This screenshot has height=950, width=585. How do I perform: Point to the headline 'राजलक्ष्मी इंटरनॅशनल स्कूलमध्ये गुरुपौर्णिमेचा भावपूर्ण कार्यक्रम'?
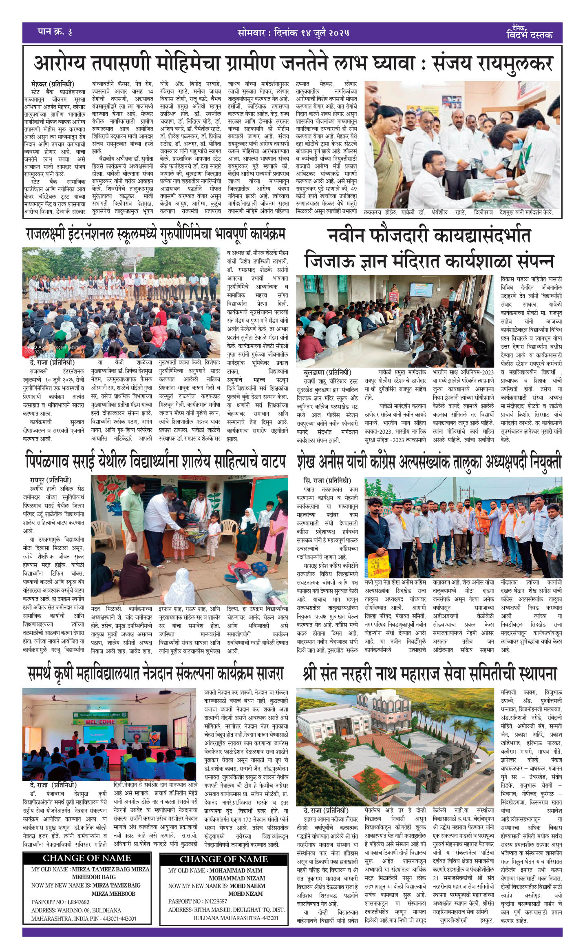click(155, 234)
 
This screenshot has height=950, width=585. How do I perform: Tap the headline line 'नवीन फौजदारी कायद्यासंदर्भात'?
click(429, 236)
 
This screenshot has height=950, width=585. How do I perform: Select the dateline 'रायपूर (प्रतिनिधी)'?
click(51, 480)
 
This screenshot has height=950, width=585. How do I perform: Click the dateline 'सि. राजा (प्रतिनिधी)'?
click(327, 480)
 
